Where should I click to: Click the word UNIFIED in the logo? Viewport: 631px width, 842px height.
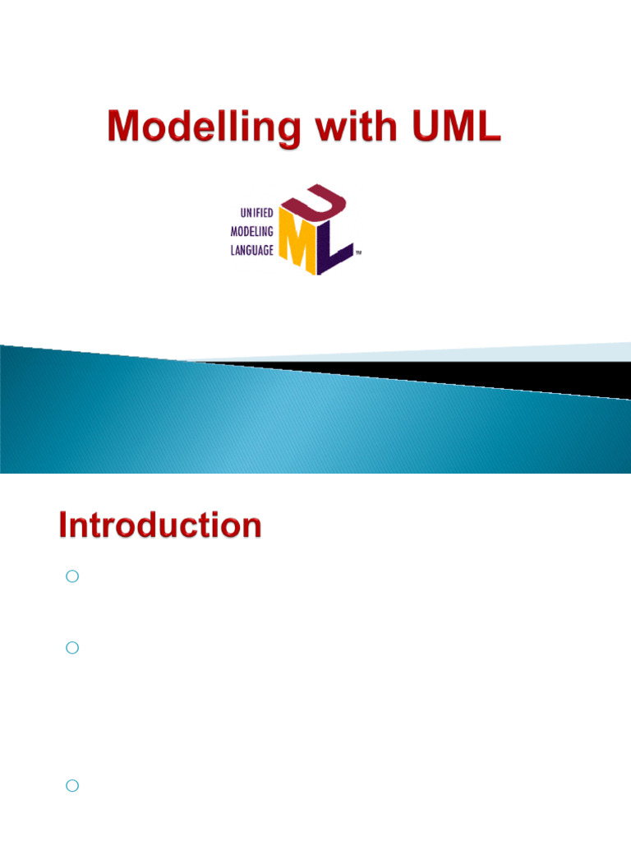click(x=256, y=213)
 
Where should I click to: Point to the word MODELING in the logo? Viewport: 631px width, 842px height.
click(x=251, y=231)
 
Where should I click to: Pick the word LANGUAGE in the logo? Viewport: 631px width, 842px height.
click(x=251, y=249)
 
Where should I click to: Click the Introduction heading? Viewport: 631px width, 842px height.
click(x=160, y=525)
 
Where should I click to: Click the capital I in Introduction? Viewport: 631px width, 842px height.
click(x=63, y=525)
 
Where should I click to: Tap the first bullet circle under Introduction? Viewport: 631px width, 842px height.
click(x=71, y=577)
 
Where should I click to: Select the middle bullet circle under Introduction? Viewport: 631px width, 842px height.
click(x=71, y=648)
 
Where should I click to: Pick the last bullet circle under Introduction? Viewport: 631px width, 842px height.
click(x=71, y=786)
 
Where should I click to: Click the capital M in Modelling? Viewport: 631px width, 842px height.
click(x=125, y=128)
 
